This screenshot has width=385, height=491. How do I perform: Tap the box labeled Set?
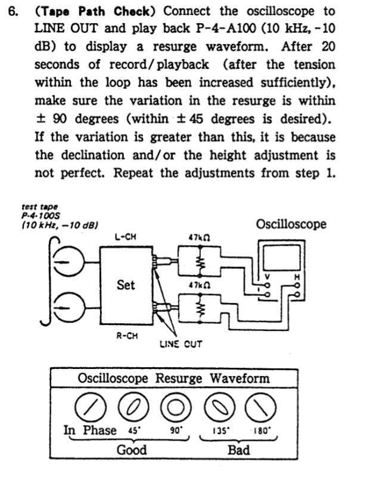click(x=126, y=285)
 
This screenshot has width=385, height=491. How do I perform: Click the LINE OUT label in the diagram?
click(x=181, y=344)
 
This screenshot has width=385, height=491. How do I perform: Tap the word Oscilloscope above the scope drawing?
click(x=291, y=224)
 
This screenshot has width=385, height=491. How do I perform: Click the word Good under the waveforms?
click(x=131, y=450)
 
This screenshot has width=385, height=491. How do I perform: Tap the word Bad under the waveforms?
click(x=238, y=450)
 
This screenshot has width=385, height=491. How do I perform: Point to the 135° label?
click(x=222, y=430)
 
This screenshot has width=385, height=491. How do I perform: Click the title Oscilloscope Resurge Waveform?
click(x=173, y=379)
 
